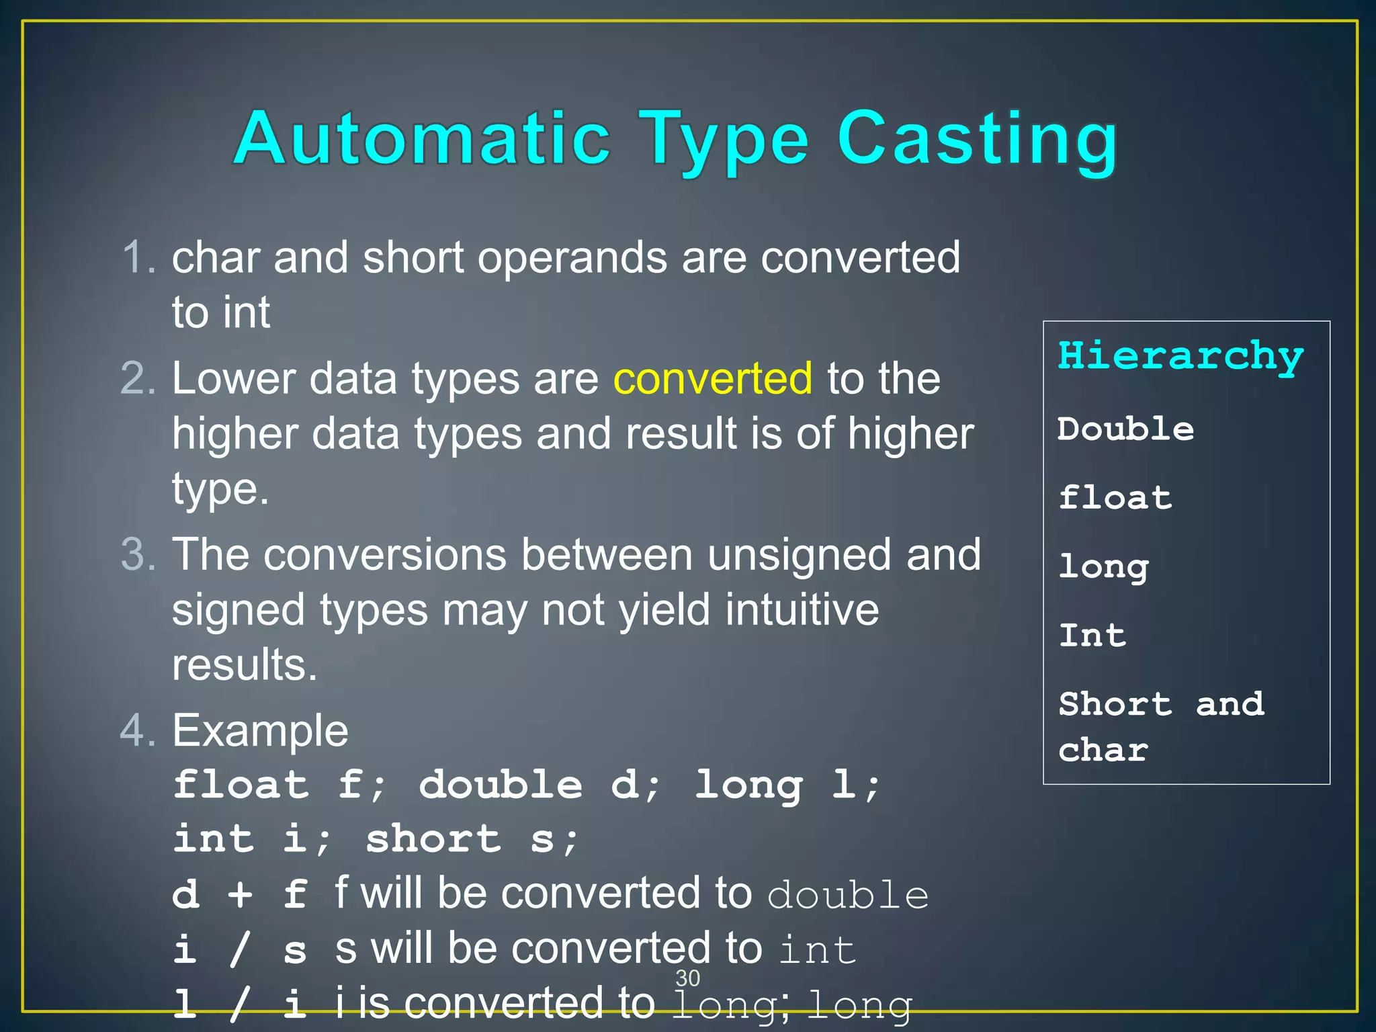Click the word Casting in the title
coord(977,141)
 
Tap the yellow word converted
coord(712,378)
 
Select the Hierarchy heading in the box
coord(1180,356)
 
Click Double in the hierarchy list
coord(1125,429)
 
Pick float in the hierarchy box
coord(1115,498)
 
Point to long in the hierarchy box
coord(1103,567)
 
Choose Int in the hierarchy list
coord(1092,636)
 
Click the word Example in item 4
coord(260,731)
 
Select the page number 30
coord(687,978)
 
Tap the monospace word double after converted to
coord(848,896)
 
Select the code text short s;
coord(471,840)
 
